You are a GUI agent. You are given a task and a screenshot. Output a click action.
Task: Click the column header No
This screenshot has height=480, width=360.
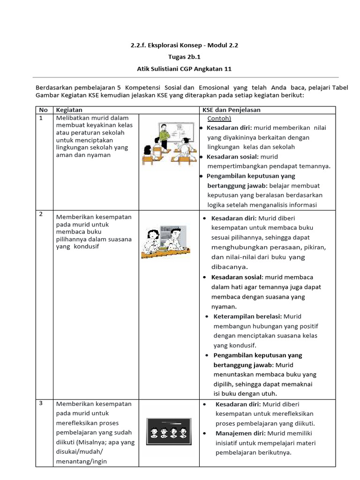coord(43,110)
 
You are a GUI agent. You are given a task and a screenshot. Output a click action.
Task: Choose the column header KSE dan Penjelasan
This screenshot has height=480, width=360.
coord(231,110)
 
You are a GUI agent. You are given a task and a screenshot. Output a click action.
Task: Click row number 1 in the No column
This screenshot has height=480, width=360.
coord(41,118)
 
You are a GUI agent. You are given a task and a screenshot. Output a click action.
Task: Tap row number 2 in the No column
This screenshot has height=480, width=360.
coord(41,214)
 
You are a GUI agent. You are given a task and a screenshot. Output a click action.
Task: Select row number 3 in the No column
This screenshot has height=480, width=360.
coord(41,403)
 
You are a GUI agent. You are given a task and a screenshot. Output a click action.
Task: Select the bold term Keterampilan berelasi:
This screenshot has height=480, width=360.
coord(248,316)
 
